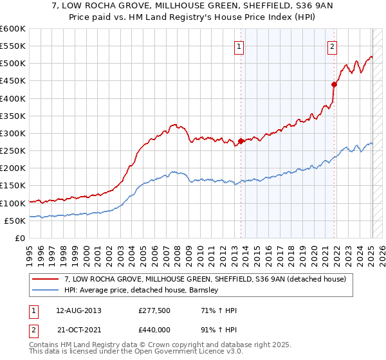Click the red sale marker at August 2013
pyautogui.click(x=241, y=141)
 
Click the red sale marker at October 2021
pyautogui.click(x=335, y=84)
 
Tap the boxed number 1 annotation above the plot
pyautogui.click(x=239, y=46)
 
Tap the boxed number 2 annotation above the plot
pyautogui.click(x=333, y=46)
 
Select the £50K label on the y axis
pyautogui.click(x=15, y=221)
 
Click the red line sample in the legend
pyautogui.click(x=46, y=279)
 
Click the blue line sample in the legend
pyautogui.click(x=46, y=290)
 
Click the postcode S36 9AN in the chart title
pyautogui.click(x=268, y=6)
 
